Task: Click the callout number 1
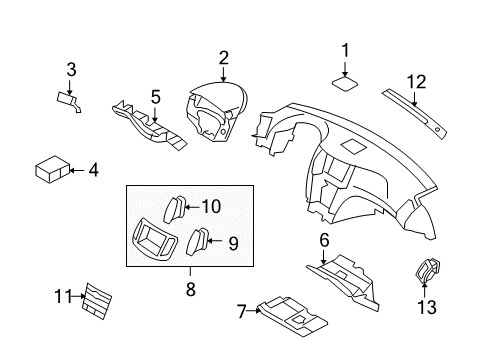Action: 345,49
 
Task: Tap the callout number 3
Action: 71,69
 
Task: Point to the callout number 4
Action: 93,171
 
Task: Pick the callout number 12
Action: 416,80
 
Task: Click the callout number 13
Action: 426,308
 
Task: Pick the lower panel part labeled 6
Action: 345,273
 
